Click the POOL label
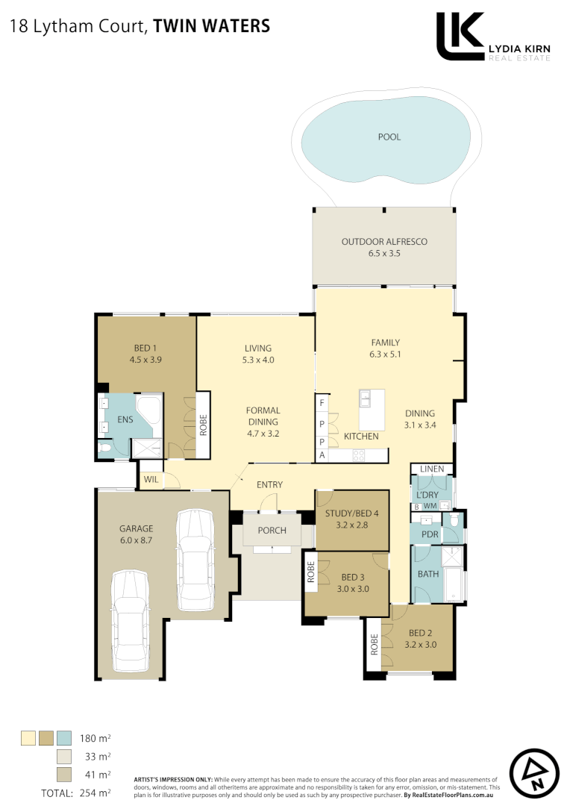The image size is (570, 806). tap(389, 137)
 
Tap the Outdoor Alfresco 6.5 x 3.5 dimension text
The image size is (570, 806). tap(384, 254)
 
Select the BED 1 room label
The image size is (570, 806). tap(145, 348)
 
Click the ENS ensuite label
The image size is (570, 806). tap(125, 419)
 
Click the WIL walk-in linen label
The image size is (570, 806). tap(149, 478)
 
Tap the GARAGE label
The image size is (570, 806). tap(136, 528)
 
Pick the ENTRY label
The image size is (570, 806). tap(269, 485)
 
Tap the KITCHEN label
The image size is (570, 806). tap(361, 436)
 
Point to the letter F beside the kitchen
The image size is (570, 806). tap(322, 404)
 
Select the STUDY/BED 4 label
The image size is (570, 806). tap(352, 513)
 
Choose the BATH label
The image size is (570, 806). tap(427, 574)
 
